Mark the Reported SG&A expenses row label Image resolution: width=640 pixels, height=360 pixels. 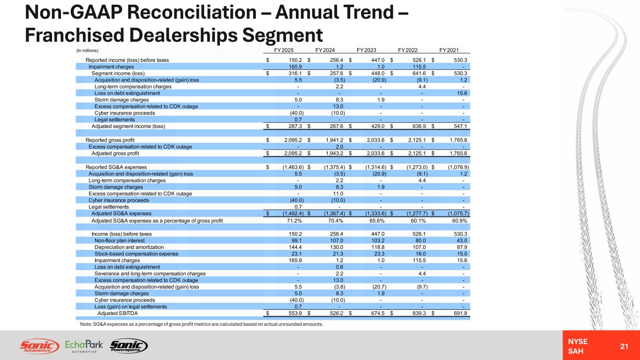pos(116,167)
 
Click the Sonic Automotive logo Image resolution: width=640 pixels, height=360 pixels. pos(40,346)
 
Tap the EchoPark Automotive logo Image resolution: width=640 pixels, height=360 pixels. pos(84,346)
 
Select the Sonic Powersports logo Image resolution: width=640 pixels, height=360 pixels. pos(129,346)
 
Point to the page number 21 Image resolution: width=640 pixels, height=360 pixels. pos(624,346)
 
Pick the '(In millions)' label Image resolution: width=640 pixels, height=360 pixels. pos(87,51)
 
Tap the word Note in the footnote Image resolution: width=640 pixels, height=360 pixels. pos(86,324)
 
